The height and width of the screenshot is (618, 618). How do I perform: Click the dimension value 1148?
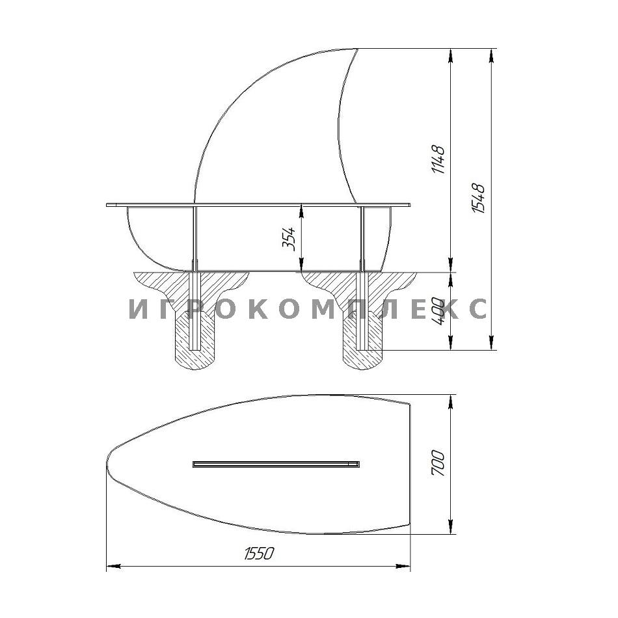(x=438, y=159)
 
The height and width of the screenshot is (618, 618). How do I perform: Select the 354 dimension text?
(x=289, y=239)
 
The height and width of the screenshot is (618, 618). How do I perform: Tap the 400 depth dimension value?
(x=439, y=311)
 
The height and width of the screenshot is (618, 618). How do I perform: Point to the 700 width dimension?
(x=438, y=463)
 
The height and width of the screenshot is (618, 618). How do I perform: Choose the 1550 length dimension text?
(x=258, y=554)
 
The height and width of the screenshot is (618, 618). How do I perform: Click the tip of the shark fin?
(x=356, y=49)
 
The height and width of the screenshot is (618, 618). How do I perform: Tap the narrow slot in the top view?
(x=276, y=464)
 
